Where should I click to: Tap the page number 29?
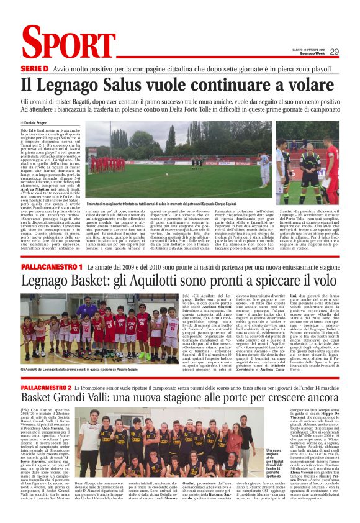point(334,52)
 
